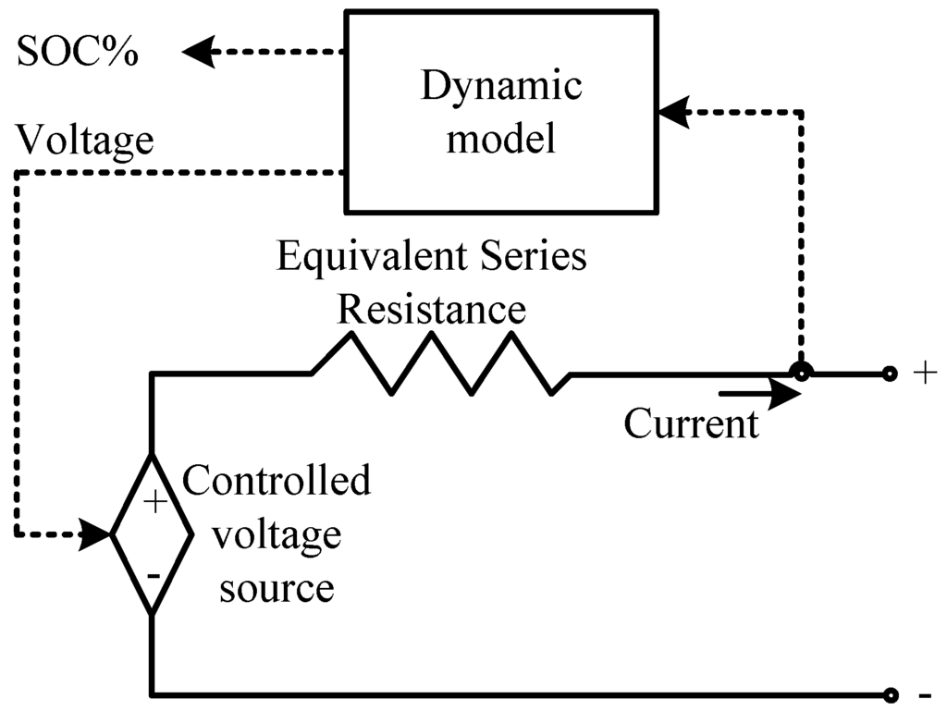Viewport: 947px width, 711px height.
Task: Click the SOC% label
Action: [78, 51]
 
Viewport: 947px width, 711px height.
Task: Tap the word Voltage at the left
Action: [84, 140]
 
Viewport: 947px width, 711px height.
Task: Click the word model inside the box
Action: [500, 138]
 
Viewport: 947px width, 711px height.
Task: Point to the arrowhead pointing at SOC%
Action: [199, 51]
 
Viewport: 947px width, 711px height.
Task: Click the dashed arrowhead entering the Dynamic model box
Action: [674, 112]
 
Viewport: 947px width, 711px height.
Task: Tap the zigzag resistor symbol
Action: [441, 364]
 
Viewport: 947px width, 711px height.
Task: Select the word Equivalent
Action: [372, 256]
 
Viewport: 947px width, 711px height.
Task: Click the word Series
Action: [534, 256]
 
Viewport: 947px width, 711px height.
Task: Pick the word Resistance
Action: [431, 309]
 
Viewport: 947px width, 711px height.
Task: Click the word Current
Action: [691, 423]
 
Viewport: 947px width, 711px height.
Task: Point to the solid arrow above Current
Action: [760, 394]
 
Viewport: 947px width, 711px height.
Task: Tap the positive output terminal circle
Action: [889, 374]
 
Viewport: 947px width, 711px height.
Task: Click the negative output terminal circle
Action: [889, 696]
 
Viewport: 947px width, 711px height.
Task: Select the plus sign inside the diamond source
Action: [155, 501]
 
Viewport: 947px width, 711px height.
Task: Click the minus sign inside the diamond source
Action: [154, 576]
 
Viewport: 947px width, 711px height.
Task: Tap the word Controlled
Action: [277, 481]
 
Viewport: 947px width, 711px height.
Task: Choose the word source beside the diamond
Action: [277, 587]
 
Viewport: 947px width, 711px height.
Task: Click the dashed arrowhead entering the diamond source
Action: [95, 534]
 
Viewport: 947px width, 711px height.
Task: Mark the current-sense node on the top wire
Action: [802, 373]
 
